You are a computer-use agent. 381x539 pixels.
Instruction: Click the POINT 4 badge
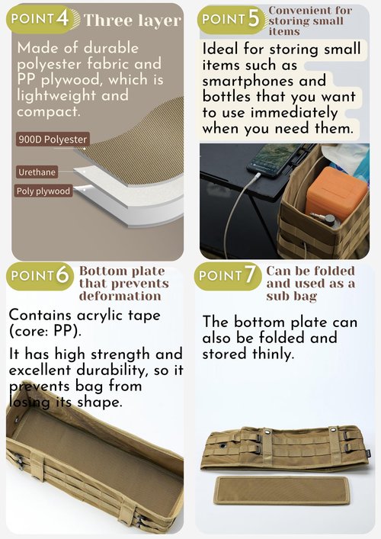click(x=41, y=19)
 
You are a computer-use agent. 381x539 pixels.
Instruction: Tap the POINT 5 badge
click(x=231, y=20)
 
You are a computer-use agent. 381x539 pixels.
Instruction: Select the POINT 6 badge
click(x=40, y=276)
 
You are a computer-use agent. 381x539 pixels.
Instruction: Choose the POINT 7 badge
click(x=227, y=276)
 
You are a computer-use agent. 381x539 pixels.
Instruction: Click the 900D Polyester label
click(x=53, y=140)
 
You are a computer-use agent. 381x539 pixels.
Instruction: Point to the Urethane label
click(x=37, y=172)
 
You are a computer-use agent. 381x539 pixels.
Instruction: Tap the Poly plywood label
click(x=43, y=191)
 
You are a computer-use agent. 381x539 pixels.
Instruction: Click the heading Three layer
click(x=132, y=21)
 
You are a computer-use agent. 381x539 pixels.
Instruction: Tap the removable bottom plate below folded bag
click(x=282, y=490)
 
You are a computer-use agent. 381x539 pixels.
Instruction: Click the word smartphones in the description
click(x=247, y=81)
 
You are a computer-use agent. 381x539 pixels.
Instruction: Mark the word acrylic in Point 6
click(x=100, y=316)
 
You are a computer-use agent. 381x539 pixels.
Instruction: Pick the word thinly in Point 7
click(x=273, y=354)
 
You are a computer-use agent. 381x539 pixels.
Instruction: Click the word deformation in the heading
click(x=120, y=296)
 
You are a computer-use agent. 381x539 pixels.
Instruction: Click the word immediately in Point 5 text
click(x=294, y=113)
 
